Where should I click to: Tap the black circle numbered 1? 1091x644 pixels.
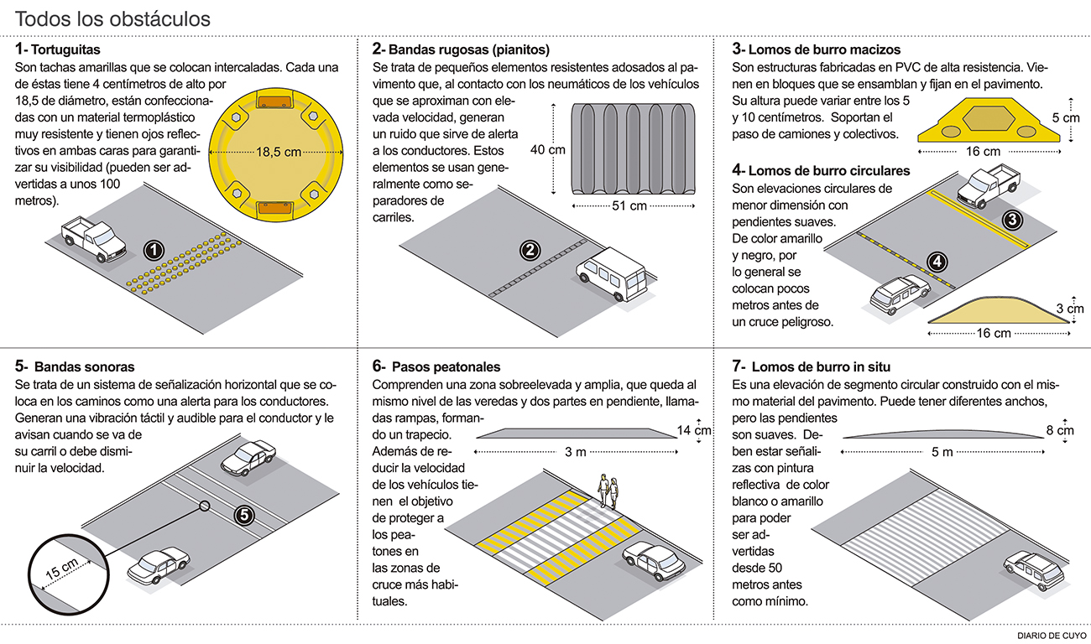(x=153, y=250)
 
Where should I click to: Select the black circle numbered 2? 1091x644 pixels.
(x=530, y=250)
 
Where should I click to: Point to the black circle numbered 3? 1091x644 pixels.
(x=1013, y=220)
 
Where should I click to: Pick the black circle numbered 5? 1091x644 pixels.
(x=244, y=515)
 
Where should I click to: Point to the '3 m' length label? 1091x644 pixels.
(x=576, y=453)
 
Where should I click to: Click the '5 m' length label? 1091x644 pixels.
(x=942, y=453)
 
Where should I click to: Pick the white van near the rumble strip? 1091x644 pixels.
(x=612, y=273)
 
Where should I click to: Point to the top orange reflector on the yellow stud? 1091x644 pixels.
(x=273, y=102)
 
